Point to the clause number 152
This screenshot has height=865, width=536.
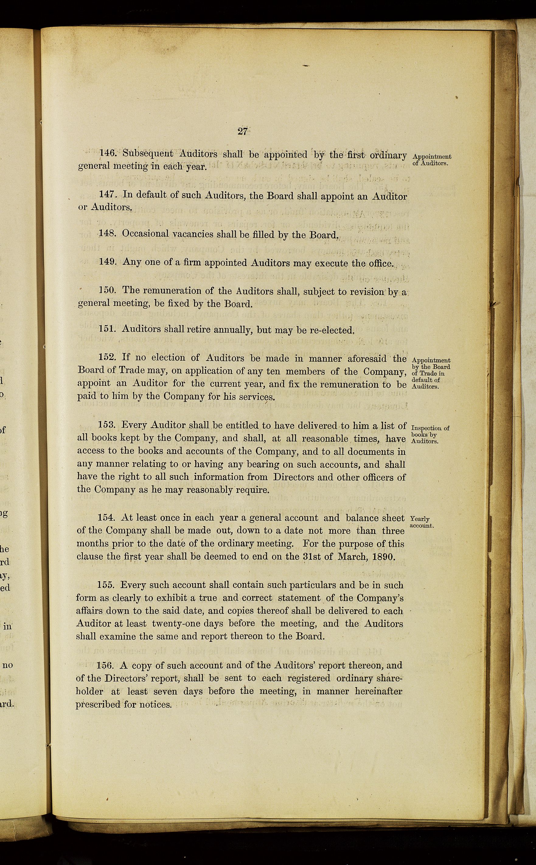click(107, 358)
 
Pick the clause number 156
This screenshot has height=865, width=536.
click(105, 665)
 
